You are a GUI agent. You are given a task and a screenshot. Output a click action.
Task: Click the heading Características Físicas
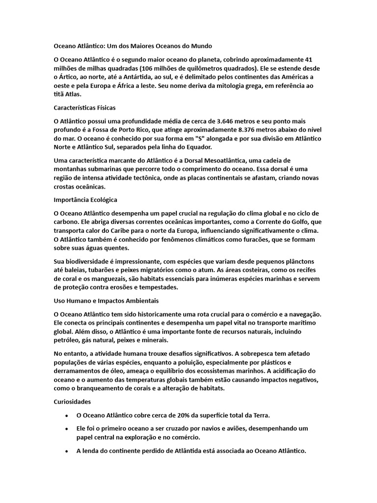[84, 107]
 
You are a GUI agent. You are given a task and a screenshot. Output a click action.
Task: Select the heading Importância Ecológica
[85, 200]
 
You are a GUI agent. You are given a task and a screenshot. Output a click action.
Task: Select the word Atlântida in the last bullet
[179, 450]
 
